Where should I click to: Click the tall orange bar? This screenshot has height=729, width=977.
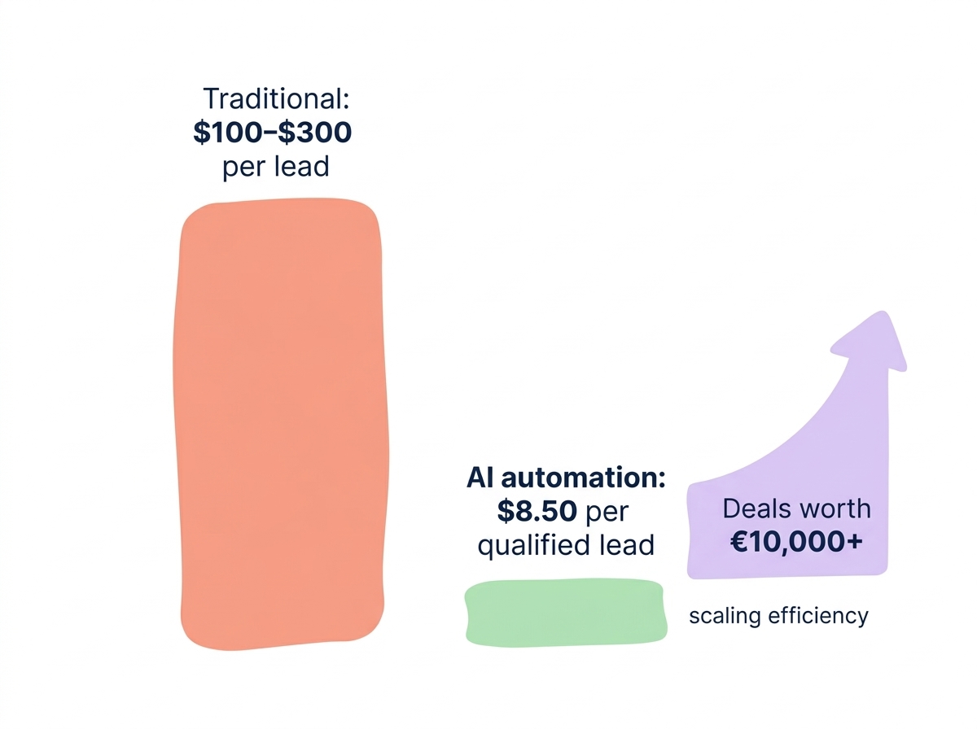281,423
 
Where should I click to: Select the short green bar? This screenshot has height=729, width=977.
566,612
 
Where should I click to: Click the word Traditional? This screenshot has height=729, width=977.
275,99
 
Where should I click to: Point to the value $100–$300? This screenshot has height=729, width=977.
273,132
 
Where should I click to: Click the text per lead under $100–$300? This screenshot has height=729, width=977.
275,166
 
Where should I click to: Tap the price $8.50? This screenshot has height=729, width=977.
537,512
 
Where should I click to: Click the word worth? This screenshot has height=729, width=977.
835,509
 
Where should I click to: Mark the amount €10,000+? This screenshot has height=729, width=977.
796,543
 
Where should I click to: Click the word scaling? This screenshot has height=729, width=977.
725,616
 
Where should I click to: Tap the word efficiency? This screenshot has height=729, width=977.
817,616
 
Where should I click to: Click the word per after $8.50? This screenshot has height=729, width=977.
607,513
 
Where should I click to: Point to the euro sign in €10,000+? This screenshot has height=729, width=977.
739,543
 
